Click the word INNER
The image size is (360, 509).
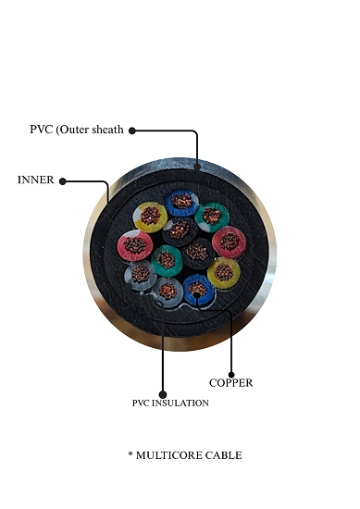36,180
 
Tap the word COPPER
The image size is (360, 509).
231,382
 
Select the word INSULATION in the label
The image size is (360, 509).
186,403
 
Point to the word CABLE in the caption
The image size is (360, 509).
227,455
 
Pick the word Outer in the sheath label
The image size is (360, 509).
81,130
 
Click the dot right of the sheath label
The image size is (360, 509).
132,130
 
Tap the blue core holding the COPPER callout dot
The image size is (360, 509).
198,290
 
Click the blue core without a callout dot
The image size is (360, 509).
180,203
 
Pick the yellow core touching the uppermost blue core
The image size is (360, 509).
149,217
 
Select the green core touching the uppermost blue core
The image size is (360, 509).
212,217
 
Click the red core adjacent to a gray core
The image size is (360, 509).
135,245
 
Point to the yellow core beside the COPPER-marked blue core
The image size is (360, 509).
222,272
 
